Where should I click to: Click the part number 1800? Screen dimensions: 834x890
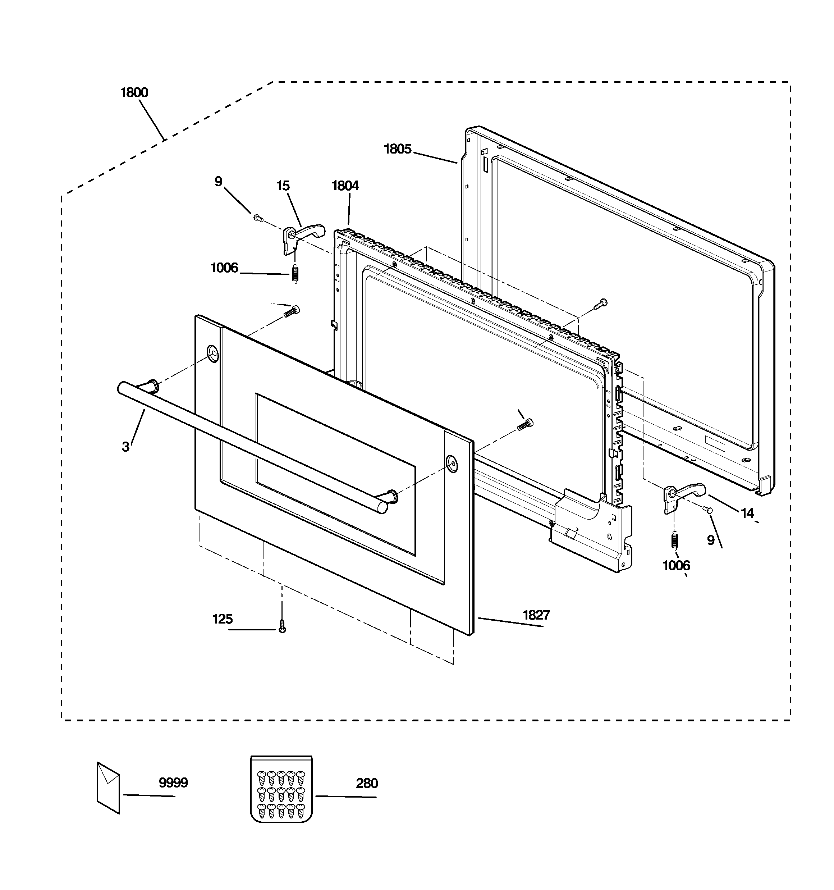tap(134, 93)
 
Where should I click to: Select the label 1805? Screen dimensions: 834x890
tap(398, 149)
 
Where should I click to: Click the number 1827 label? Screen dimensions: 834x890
tap(536, 615)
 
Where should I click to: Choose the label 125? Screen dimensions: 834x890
tap(223, 619)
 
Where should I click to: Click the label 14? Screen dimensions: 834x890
tap(747, 513)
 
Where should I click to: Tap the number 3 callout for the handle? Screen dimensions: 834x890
tap(126, 447)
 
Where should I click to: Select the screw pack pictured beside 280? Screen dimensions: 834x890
tap(281, 789)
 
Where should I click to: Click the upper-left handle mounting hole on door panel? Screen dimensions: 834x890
tap(213, 354)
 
